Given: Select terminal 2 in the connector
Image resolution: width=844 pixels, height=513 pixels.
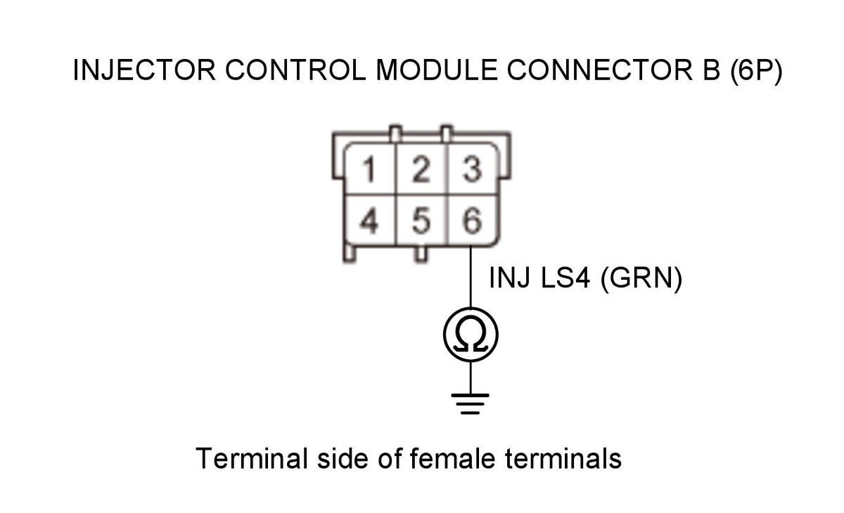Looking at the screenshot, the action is pyautogui.click(x=421, y=169).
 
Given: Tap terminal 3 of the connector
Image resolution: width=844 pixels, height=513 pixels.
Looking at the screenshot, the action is pyautogui.click(x=473, y=169).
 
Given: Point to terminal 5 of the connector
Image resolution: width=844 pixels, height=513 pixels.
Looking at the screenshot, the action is pyautogui.click(x=421, y=221).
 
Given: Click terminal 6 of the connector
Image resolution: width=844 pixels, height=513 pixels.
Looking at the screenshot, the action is pyautogui.click(x=473, y=221).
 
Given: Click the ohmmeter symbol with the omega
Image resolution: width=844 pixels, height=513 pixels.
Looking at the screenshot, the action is pyautogui.click(x=471, y=335).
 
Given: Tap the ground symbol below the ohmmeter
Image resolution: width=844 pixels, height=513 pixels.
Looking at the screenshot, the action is pyautogui.click(x=471, y=404).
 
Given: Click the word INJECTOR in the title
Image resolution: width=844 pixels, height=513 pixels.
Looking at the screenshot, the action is pyautogui.click(x=144, y=70).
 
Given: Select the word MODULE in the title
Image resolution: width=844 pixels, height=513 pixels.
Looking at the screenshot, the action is pyautogui.click(x=437, y=70).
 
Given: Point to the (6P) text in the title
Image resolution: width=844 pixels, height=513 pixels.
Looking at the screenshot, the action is pyautogui.click(x=756, y=71).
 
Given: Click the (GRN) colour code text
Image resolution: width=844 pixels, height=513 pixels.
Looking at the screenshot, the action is pyautogui.click(x=641, y=279).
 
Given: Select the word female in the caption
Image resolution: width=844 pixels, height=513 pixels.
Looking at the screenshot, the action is pyautogui.click(x=452, y=458).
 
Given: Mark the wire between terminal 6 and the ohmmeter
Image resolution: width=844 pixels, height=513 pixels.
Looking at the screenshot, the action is pyautogui.click(x=471, y=277).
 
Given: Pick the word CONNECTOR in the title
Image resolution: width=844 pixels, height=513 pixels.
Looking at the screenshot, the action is pyautogui.click(x=600, y=70).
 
